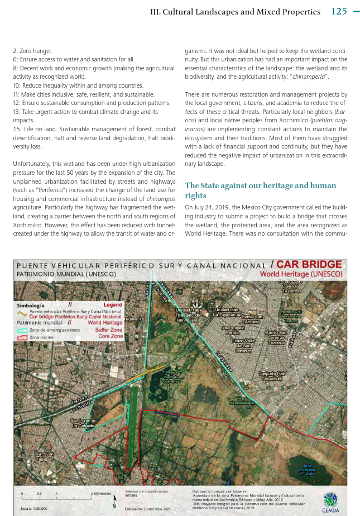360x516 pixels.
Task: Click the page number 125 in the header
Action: tap(339, 11)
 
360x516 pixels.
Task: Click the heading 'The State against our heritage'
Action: tap(260, 190)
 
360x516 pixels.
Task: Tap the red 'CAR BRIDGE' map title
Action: tap(309, 264)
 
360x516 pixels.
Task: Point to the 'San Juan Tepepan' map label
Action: tap(44, 457)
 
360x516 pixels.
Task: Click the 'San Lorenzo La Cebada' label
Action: tap(82, 423)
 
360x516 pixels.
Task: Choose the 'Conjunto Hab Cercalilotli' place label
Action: tap(272, 376)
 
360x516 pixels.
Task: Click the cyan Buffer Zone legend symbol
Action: tap(22, 331)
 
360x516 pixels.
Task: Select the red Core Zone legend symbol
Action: tap(22, 337)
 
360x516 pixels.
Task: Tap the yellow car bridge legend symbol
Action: tap(22, 316)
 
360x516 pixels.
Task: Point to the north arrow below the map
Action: tap(114, 503)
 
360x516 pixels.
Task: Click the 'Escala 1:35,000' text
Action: tap(34, 508)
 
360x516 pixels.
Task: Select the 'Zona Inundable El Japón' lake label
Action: tap(308, 469)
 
